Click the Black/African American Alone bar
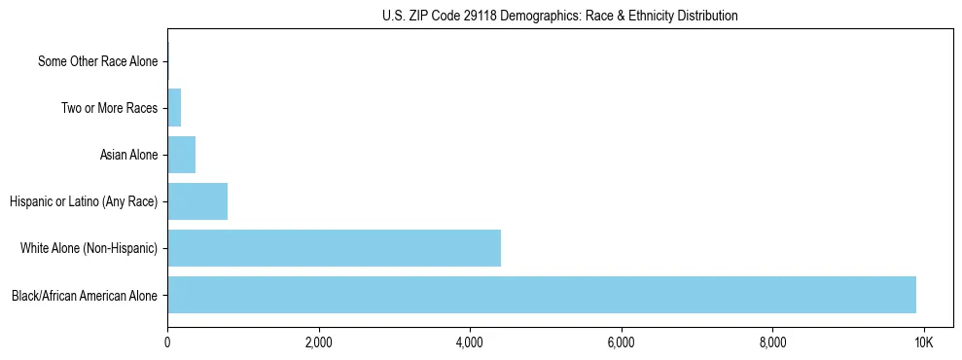541,295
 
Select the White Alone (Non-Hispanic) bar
334,248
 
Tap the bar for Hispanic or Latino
197,201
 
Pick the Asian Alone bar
181,155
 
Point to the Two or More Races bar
174,108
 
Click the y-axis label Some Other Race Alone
97,61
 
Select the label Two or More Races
109,108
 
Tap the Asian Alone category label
128,155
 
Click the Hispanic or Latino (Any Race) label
84,201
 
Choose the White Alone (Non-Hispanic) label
89,248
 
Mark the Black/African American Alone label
85,295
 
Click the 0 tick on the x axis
167,343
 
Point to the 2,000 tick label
318,343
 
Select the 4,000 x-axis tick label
470,343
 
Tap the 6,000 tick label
621,343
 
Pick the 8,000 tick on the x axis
772,343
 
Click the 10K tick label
923,343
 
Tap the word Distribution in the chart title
707,17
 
